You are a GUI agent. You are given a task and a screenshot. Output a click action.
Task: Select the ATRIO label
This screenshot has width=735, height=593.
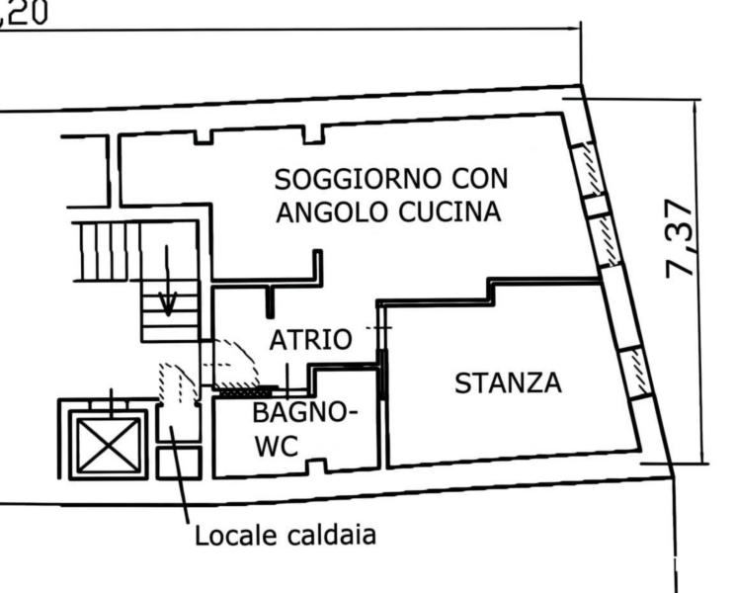[311, 340]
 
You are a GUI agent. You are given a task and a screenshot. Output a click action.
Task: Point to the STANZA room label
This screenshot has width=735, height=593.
[508, 383]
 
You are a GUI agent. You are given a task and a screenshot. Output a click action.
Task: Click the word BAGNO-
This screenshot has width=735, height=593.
[305, 413]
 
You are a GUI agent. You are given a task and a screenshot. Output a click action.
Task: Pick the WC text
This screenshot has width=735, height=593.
[277, 446]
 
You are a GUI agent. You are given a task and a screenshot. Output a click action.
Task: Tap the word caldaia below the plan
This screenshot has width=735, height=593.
[331, 535]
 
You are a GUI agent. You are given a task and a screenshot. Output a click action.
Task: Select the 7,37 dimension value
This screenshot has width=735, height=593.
[680, 238]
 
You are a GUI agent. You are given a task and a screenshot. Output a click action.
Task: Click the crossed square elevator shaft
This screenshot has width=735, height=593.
[109, 446]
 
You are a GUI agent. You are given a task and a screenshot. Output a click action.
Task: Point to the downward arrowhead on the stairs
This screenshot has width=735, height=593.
[167, 303]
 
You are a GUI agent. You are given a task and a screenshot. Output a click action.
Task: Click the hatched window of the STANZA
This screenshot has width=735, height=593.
[636, 373]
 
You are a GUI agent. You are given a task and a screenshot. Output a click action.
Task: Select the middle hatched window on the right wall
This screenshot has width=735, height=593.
[607, 240]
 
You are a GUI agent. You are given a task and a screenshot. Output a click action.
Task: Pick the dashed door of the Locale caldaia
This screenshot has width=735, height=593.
[177, 382]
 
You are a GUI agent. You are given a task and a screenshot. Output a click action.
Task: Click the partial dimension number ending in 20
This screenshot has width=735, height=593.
[24, 13]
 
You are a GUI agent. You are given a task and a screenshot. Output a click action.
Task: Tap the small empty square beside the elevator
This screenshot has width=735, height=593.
[179, 464]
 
